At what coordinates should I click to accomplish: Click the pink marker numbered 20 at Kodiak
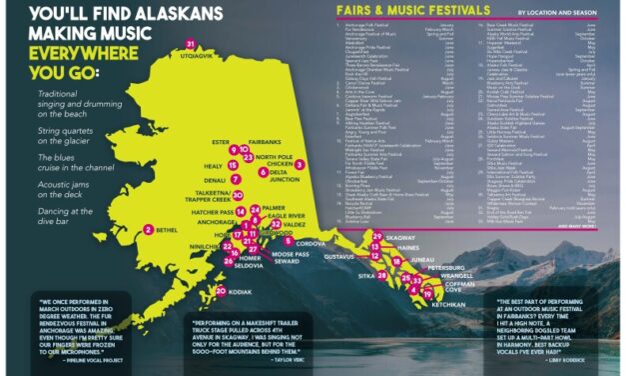(220, 291)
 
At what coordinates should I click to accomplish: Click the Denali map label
(216, 180)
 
